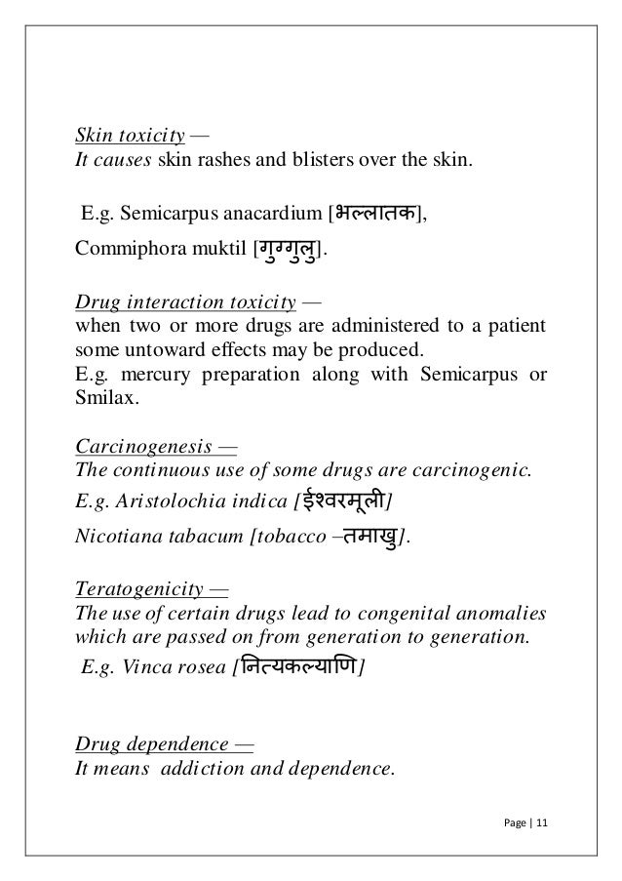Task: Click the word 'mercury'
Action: click(146, 376)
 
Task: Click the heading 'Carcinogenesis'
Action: click(141, 449)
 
